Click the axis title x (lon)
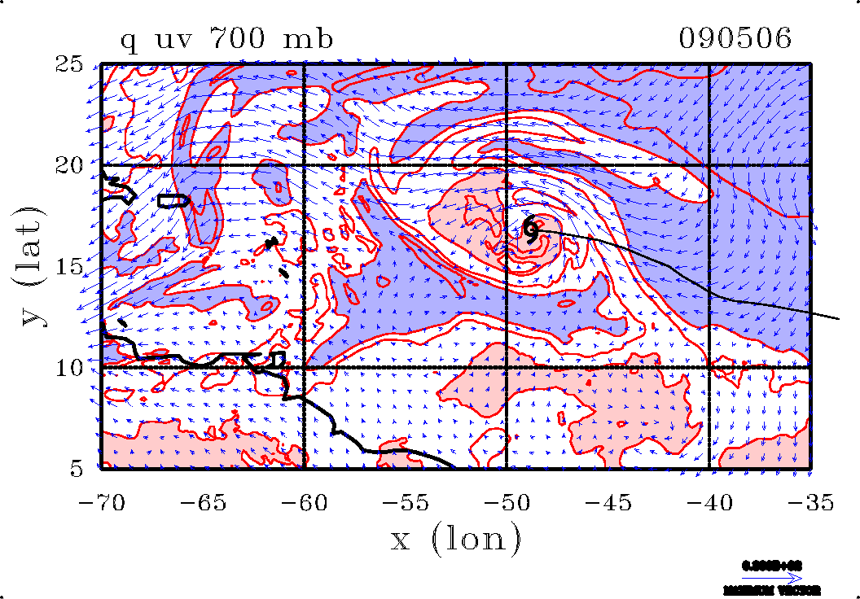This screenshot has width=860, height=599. coord(454,540)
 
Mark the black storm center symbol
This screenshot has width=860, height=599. coord(532,230)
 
